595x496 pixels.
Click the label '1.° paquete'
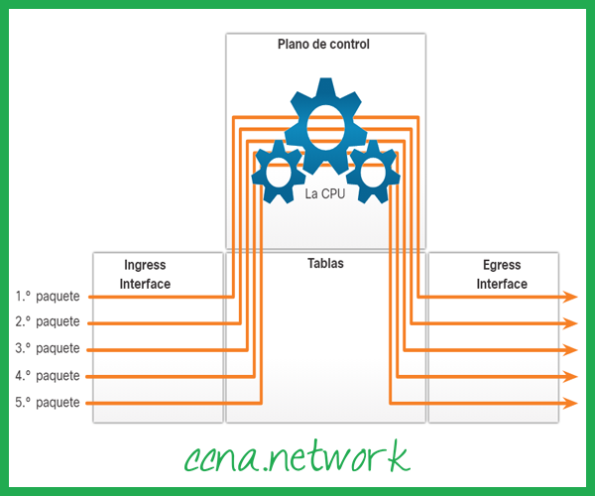pos(48,296)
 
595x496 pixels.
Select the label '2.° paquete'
pos(48,322)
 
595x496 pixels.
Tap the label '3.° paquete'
pos(48,349)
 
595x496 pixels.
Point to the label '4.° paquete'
pos(48,376)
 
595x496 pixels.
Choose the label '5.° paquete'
pos(48,403)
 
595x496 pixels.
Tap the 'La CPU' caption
pos(325,194)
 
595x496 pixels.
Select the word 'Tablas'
pos(325,265)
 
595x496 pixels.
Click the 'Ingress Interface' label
pos(145,275)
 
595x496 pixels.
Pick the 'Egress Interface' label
pos(502,275)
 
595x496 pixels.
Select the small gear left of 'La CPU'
pos(278,170)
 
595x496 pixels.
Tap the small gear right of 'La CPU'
pos(373,170)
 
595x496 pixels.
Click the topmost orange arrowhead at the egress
pos(571,296)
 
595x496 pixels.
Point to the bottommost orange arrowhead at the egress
pos(571,403)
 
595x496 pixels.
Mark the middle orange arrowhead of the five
pos(571,349)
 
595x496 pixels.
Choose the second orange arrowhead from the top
pos(571,322)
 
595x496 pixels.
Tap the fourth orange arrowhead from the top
pos(571,376)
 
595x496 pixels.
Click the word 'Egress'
pos(502,266)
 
